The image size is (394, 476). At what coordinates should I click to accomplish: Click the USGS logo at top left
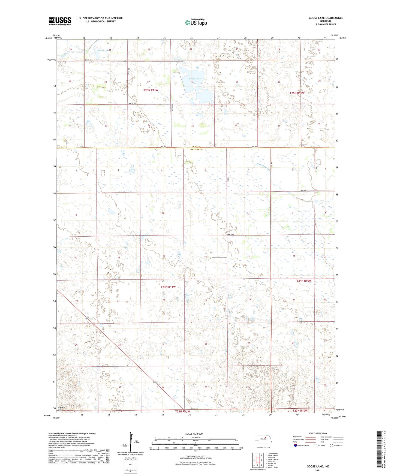(x=60, y=21)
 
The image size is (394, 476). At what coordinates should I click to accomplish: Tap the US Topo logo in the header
(x=196, y=22)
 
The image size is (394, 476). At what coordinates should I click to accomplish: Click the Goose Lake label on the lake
(x=195, y=79)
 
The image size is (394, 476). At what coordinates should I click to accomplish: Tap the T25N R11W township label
(x=151, y=90)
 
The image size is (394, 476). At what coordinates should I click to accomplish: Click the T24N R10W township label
(x=304, y=281)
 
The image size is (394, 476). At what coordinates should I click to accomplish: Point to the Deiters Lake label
(x=103, y=50)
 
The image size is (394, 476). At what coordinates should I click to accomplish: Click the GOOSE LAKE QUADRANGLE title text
(x=326, y=18)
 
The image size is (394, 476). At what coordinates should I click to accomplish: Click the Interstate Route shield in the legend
(x=295, y=446)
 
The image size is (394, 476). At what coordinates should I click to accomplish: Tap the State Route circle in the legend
(x=332, y=446)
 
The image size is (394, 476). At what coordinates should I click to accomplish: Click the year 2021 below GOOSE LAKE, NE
(x=317, y=470)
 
